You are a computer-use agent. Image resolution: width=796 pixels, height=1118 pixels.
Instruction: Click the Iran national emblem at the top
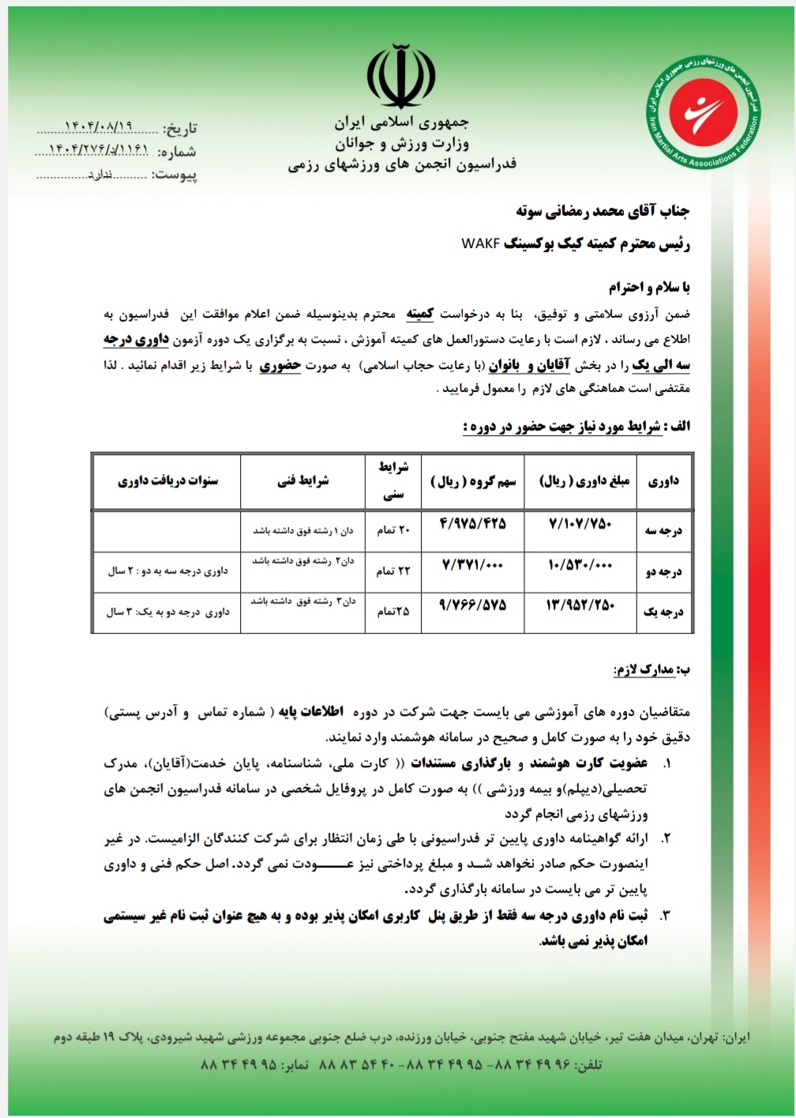click(400, 77)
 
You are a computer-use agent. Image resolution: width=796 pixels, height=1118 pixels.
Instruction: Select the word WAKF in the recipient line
click(480, 243)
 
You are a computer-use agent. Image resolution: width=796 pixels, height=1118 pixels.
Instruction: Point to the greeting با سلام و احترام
click(649, 287)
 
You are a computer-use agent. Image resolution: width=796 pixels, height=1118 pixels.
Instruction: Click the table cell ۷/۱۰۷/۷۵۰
click(580, 523)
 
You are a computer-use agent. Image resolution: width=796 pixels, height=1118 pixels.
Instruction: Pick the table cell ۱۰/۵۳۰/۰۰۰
click(580, 566)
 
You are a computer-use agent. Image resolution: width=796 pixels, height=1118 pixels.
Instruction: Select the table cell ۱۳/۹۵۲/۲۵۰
click(580, 605)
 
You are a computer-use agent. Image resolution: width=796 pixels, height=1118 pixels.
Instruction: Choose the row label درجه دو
click(663, 571)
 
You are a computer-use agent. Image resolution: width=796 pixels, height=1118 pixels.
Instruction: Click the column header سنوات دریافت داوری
click(167, 480)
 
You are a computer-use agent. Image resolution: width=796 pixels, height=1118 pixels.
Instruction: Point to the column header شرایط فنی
click(302, 480)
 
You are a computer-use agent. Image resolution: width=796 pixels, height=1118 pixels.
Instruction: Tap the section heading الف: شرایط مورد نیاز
click(576, 427)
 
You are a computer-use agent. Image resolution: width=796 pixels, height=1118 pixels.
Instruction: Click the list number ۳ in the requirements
click(665, 916)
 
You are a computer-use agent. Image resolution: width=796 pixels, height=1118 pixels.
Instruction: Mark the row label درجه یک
click(663, 612)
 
